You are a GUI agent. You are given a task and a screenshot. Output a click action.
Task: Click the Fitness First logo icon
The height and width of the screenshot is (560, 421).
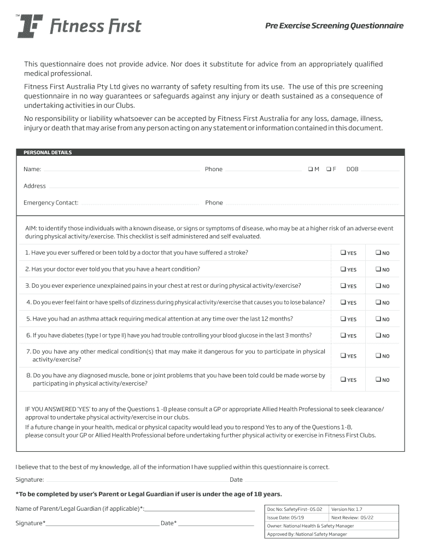pos(30,26)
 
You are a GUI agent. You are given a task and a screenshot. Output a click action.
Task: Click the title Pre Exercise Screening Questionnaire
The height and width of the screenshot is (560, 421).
pos(334,26)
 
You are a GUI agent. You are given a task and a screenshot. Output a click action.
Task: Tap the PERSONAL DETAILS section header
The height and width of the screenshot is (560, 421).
pos(48,153)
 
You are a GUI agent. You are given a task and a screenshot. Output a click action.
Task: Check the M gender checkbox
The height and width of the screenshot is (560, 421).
pos(310,169)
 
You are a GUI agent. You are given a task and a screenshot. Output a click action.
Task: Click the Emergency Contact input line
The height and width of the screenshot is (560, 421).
pos(139,204)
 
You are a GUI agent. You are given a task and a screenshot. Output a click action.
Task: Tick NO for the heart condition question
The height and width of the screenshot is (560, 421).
pos(377,269)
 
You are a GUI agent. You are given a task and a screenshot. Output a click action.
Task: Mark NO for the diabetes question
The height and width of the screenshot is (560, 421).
pos(377,335)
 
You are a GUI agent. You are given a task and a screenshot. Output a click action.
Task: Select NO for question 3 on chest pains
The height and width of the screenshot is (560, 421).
pos(377,285)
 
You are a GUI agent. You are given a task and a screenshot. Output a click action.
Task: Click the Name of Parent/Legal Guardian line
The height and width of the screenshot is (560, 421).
pos(200,510)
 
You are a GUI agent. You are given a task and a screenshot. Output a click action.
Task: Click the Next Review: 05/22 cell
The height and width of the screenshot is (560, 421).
pos(349,517)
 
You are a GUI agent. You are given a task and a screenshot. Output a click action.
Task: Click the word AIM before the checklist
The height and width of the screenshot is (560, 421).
pos(31,229)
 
